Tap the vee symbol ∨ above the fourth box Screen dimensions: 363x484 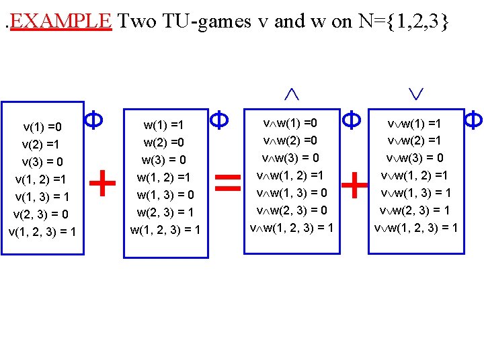tap(415, 95)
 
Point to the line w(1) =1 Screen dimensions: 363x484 tap(163, 125)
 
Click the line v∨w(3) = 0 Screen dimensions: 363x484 tap(415, 158)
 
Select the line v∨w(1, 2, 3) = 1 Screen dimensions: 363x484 tap(415, 228)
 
